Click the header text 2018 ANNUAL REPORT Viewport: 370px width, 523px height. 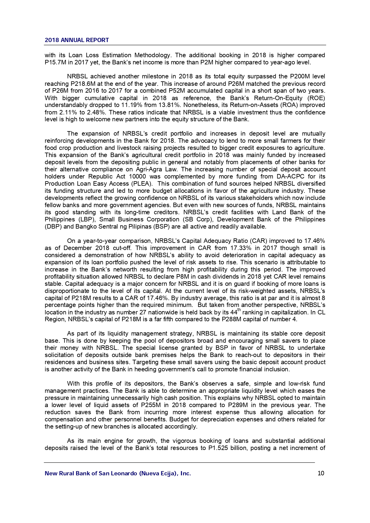coord(77,40)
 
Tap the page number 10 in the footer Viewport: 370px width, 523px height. coord(321,473)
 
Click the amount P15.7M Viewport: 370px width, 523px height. coord(55,63)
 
